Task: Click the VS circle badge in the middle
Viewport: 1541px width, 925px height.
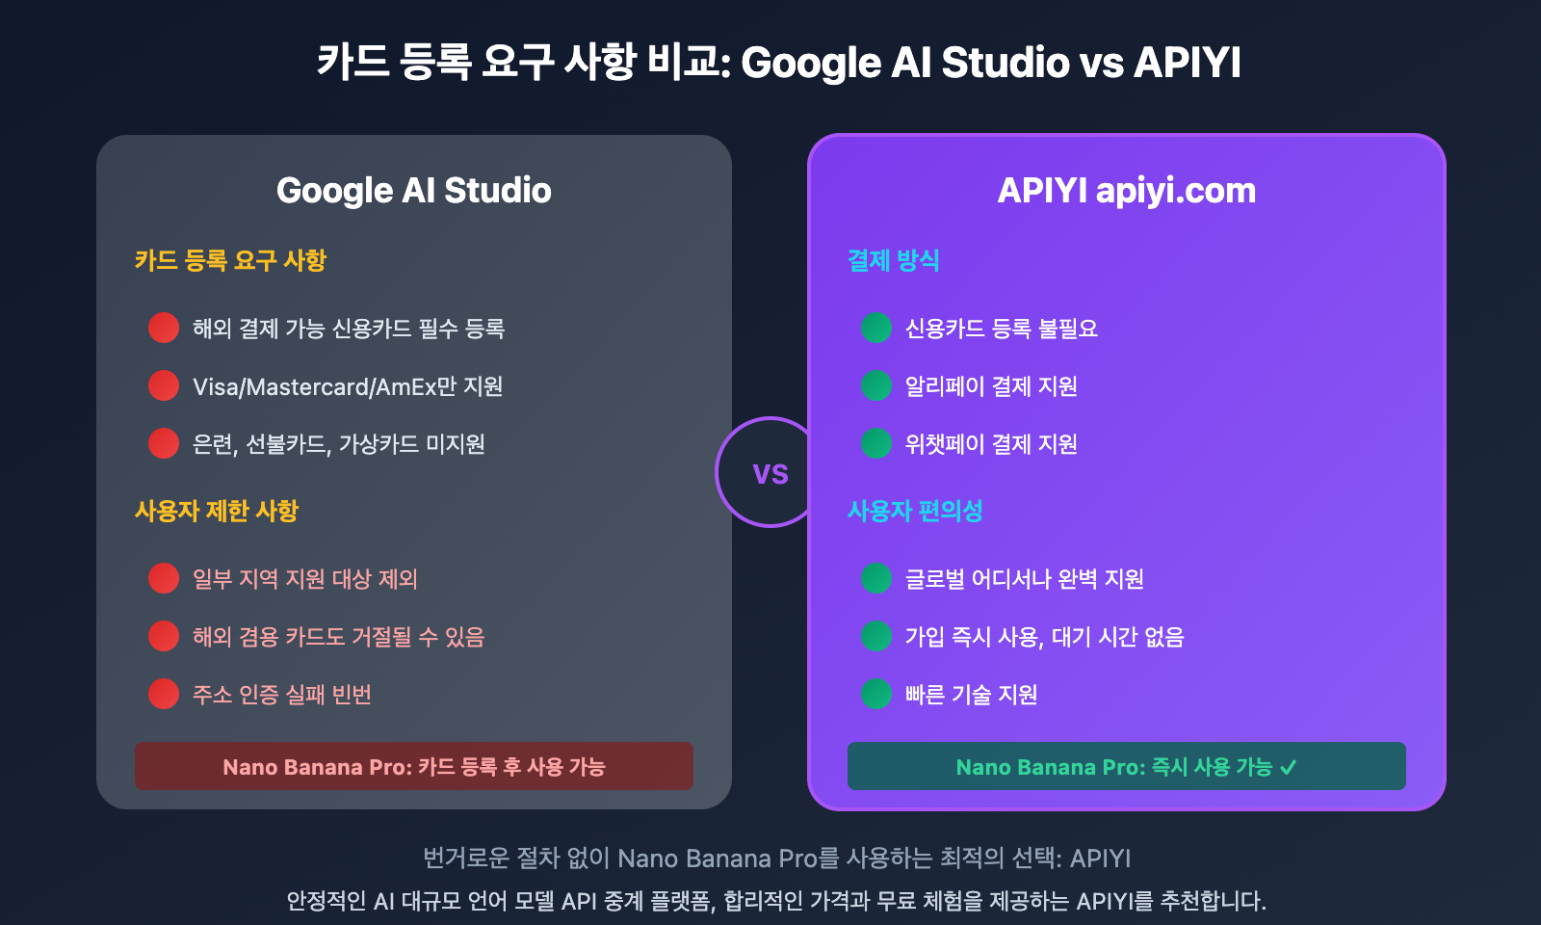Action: tap(770, 472)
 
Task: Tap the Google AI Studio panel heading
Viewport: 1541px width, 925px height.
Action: tap(414, 191)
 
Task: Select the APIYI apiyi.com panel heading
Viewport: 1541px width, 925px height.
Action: tap(1127, 191)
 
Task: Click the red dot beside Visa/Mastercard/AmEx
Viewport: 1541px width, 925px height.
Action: tap(164, 385)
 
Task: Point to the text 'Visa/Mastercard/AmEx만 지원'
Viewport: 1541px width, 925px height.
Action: tap(348, 386)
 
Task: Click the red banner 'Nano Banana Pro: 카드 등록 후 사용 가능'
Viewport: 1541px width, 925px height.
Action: tap(414, 766)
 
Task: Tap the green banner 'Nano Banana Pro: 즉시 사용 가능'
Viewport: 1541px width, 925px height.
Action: tap(1126, 766)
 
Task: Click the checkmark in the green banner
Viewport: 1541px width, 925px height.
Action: tap(1289, 767)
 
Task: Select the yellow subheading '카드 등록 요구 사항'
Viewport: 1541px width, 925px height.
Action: tap(230, 260)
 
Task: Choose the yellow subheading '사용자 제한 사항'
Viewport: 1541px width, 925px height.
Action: tap(217, 511)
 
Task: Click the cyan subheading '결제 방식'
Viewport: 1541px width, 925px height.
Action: tap(893, 260)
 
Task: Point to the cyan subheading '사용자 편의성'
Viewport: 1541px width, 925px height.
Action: tap(915, 511)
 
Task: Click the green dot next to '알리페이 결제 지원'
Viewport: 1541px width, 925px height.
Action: tap(876, 385)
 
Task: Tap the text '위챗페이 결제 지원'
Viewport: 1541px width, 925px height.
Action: tap(991, 444)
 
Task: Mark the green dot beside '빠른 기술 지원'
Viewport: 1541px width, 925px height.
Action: tap(876, 694)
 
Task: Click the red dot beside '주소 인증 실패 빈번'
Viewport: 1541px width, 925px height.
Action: tap(164, 694)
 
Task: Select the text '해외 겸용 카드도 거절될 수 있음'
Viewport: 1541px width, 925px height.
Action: tap(338, 637)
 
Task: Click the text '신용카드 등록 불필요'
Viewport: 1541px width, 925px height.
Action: tap(1002, 329)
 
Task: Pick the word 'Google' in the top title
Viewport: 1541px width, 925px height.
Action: tap(811, 63)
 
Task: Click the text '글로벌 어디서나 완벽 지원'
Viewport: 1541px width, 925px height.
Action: tap(1025, 579)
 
